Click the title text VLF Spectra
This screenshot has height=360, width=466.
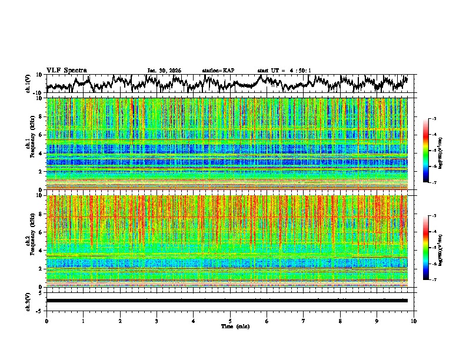pyautogui.click(x=66, y=71)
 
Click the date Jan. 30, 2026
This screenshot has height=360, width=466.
pyautogui.click(x=164, y=71)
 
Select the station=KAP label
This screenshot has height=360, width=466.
pyautogui.click(x=218, y=71)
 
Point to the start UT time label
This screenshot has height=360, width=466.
pyautogui.click(x=284, y=71)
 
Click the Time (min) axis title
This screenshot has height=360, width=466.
pyautogui.click(x=230, y=326)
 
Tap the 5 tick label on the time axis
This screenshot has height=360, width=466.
pyautogui.click(x=230, y=321)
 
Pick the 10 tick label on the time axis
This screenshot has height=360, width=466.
pyautogui.click(x=414, y=321)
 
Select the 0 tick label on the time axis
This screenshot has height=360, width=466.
pyautogui.click(x=46, y=321)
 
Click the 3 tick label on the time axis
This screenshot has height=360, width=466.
pyautogui.click(x=157, y=321)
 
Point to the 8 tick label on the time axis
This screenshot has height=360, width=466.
pyautogui.click(x=340, y=321)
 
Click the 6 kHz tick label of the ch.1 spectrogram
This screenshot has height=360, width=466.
pyautogui.click(x=41, y=135)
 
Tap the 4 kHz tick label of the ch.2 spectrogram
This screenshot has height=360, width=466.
pyautogui.click(x=41, y=250)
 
